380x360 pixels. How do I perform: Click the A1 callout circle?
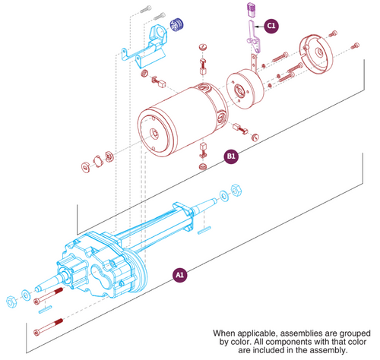pyautogui.click(x=179, y=274)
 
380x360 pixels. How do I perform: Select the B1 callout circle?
pyautogui.click(x=231, y=156)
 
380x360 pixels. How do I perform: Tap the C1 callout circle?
pyautogui.click(x=271, y=25)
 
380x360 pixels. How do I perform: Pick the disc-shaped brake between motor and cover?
pyautogui.click(x=244, y=85)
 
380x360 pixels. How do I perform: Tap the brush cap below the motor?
pyautogui.click(x=202, y=165)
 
